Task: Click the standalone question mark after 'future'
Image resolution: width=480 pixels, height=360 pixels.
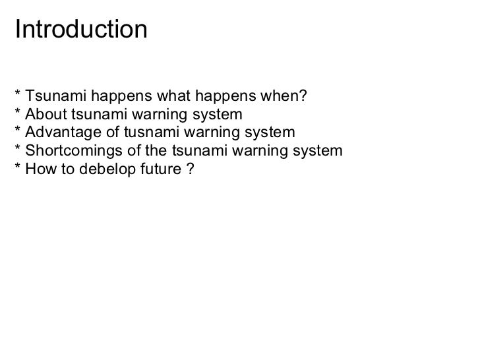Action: click(189, 169)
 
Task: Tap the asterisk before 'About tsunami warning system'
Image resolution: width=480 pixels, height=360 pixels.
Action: click(17, 113)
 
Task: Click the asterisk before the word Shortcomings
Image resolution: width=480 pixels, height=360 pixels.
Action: click(17, 150)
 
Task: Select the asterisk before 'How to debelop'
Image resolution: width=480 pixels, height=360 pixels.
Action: click(17, 167)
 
